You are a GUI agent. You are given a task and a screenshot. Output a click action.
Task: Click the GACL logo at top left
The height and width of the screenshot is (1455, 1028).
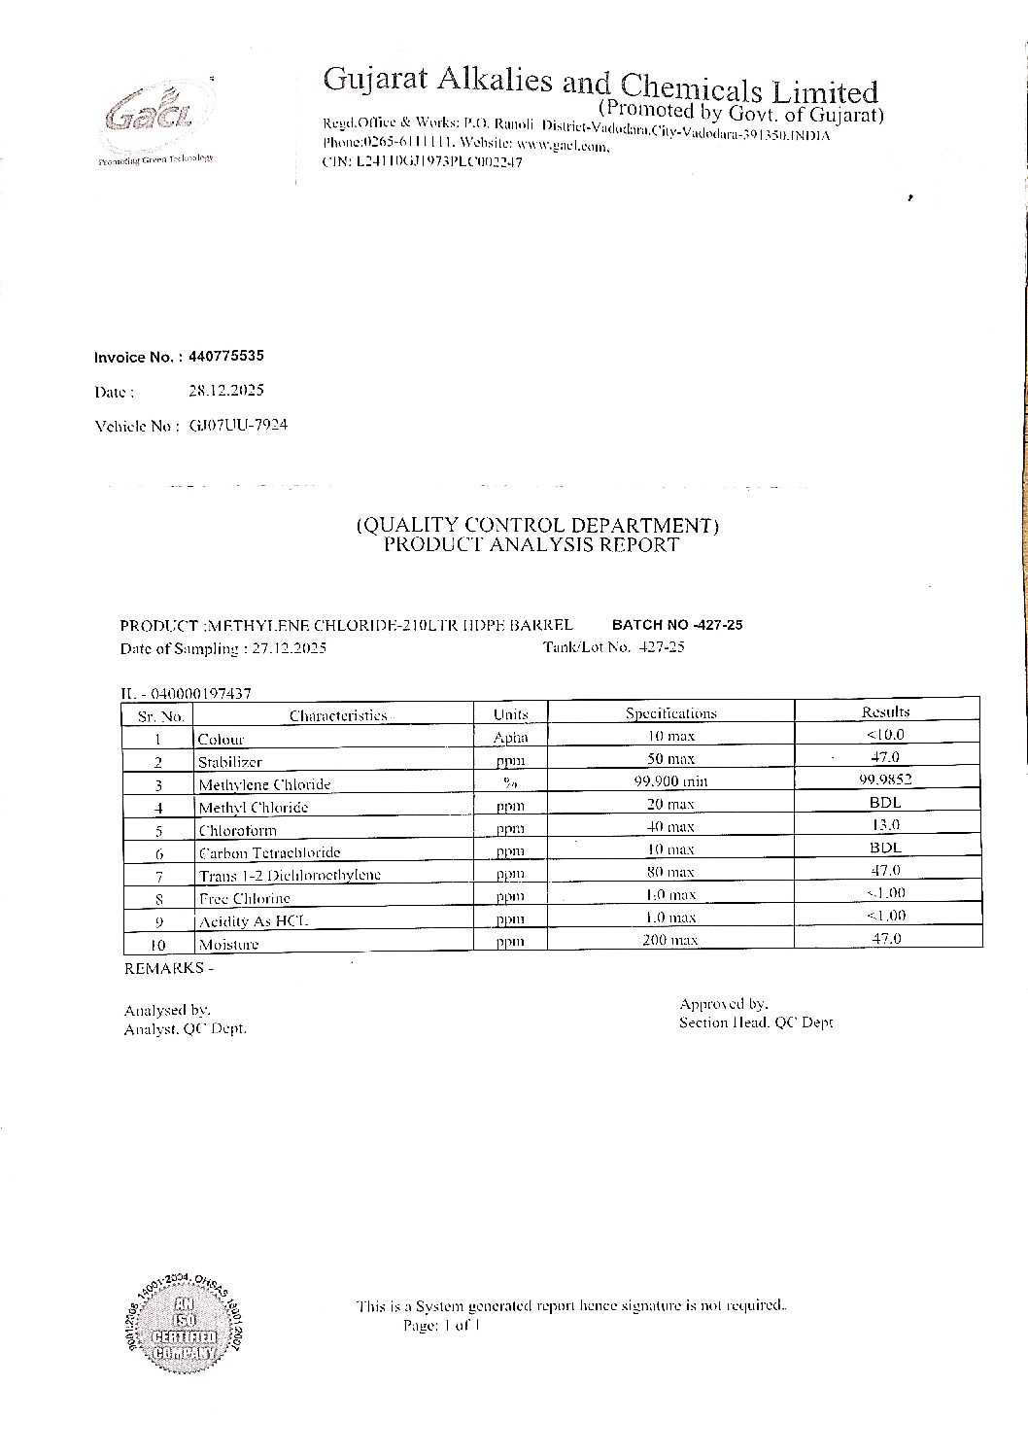click(154, 120)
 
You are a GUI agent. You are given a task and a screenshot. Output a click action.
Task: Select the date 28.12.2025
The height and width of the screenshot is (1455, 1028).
click(225, 391)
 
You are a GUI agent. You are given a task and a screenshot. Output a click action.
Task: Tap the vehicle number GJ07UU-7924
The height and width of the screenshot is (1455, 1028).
click(238, 425)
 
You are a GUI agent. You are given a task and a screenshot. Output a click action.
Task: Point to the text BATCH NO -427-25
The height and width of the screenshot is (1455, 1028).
click(676, 625)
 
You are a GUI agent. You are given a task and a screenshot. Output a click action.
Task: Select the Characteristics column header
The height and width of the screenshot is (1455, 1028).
click(337, 715)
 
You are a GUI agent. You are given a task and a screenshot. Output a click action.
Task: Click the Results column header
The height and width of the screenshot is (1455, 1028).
click(885, 711)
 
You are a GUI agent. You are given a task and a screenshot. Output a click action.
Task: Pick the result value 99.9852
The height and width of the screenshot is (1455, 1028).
click(885, 779)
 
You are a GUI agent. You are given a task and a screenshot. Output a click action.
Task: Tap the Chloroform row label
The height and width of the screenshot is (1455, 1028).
click(237, 830)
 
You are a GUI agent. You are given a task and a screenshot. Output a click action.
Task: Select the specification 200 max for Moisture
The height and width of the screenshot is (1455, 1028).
click(669, 940)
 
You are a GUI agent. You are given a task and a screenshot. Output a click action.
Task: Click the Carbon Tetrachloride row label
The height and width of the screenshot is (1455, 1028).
click(269, 852)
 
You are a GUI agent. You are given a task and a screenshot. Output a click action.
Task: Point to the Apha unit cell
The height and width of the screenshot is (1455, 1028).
click(510, 738)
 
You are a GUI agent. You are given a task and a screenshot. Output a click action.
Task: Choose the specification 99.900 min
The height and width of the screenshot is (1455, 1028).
click(669, 780)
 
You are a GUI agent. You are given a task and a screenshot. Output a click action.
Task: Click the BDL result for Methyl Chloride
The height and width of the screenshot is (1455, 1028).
click(885, 802)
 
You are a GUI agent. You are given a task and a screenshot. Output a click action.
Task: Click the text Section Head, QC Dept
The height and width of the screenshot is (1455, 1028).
click(756, 1022)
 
